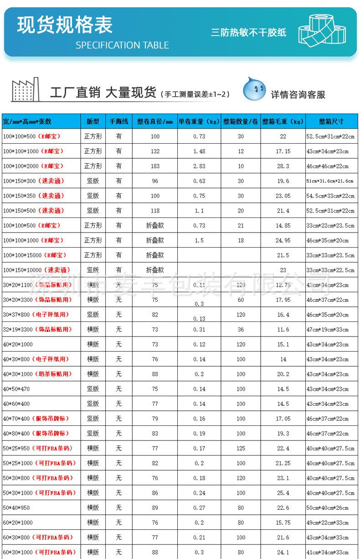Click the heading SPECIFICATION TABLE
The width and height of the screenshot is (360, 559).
click(x=122, y=45)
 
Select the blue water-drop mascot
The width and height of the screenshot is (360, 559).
click(x=254, y=89)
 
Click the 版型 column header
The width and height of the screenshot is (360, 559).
click(x=93, y=122)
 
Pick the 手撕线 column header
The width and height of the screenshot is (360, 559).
click(x=119, y=122)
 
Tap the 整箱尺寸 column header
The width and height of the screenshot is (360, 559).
click(x=331, y=122)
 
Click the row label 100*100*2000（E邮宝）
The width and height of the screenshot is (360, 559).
click(x=33, y=166)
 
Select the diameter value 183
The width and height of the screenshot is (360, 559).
click(x=155, y=166)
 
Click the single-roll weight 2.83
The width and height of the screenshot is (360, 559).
click(x=199, y=166)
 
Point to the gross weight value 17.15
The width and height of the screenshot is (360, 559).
click(x=283, y=151)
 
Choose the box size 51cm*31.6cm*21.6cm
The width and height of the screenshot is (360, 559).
click(x=330, y=181)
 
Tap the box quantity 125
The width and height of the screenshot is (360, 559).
click(x=241, y=448)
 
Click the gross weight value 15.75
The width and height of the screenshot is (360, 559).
click(x=283, y=523)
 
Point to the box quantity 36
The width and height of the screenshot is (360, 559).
click(x=241, y=330)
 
